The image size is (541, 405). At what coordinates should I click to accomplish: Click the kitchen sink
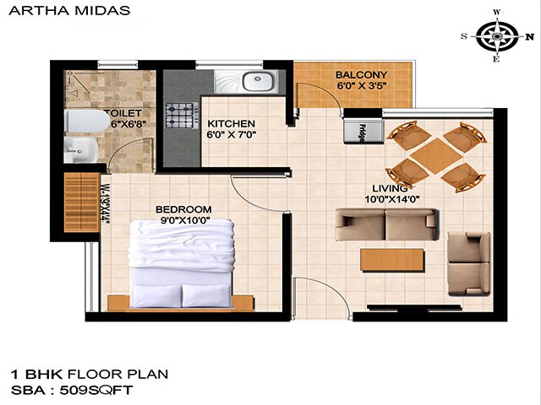pos(257,82)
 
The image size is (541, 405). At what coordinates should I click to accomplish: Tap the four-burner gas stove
pos(181,114)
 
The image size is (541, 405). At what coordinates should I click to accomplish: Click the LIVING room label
pos(392,188)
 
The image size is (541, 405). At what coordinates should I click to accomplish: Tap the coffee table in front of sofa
pos(391,259)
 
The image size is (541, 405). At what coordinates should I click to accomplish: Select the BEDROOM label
pos(183,209)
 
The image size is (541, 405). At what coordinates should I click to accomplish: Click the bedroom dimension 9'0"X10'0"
pos(183,220)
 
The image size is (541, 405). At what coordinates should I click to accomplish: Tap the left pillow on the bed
pos(156,294)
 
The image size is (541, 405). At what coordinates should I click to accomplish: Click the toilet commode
pos(78,122)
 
